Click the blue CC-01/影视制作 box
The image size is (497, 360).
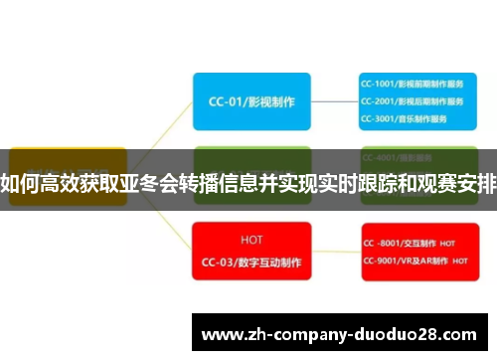coord(250,100)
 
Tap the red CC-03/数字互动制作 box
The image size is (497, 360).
coord(250,251)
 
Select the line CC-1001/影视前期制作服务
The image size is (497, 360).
coord(412,84)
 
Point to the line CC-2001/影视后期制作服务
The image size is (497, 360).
coord(412,100)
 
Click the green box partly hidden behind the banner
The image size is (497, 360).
coord(250,157)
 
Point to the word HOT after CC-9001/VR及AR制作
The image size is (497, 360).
coord(460,263)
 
